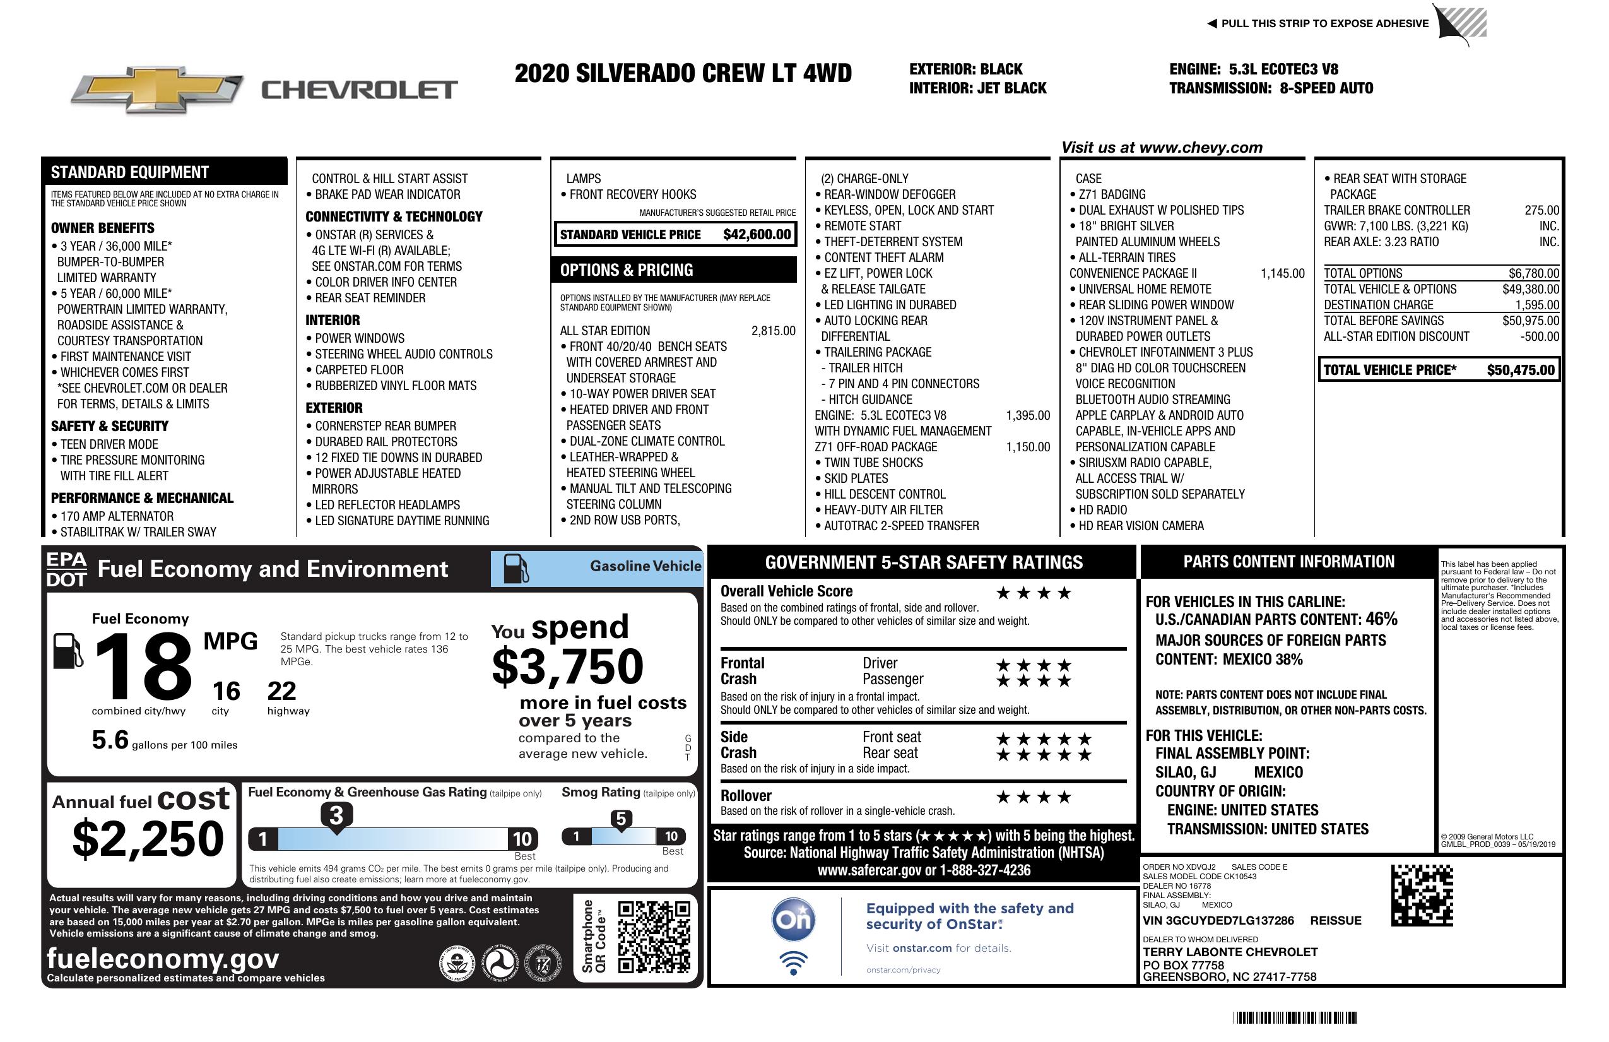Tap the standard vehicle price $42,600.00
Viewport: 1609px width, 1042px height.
click(757, 235)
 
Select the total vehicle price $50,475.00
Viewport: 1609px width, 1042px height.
click(1521, 370)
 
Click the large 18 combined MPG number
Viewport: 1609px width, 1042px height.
click(143, 666)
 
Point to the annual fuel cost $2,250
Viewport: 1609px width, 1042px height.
click(148, 839)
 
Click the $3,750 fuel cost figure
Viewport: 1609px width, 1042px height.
click(568, 666)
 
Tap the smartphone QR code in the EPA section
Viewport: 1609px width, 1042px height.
click(654, 937)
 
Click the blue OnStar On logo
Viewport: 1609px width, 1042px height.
click(794, 920)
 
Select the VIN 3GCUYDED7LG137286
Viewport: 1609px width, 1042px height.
click(1218, 920)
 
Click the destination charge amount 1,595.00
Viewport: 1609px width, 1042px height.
click(1536, 305)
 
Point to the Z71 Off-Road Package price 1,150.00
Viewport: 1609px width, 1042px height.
click(1028, 447)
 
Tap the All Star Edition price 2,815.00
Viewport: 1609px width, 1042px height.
click(774, 331)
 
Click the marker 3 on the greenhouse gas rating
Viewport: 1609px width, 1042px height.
click(336, 816)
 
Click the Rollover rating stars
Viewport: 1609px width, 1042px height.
click(1034, 797)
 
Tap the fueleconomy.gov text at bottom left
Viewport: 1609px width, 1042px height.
click(163, 958)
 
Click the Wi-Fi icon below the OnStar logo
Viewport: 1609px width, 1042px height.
click(794, 963)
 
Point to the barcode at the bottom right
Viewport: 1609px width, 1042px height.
click(1295, 1017)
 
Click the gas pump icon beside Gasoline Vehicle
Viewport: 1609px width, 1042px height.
click(516, 569)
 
